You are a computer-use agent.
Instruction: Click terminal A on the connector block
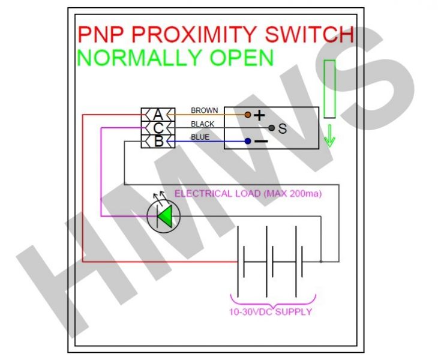coord(157,114)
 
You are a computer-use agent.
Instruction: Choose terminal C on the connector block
coord(157,128)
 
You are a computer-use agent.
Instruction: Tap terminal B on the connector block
coord(157,142)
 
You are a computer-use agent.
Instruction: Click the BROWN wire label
coord(204,110)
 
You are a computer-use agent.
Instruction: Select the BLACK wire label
coord(203,124)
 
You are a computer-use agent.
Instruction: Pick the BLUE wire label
coord(200,137)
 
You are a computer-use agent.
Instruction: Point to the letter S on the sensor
coord(282,128)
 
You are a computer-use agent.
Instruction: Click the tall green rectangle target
coord(329,89)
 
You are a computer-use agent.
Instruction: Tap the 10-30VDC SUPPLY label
coord(271,312)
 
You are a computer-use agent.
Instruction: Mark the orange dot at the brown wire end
coord(247,114)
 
